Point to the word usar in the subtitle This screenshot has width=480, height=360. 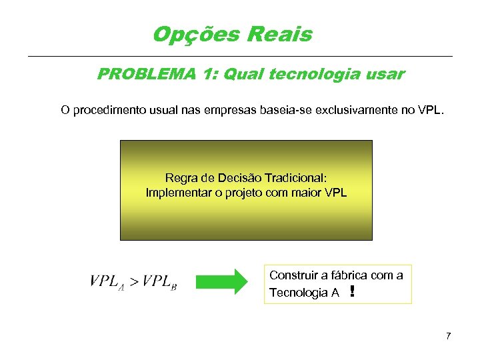click(x=385, y=74)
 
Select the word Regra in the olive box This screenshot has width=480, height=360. click(x=180, y=178)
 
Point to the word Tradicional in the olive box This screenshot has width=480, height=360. click(x=295, y=178)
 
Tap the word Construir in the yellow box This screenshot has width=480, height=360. click(x=292, y=275)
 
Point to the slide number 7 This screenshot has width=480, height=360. click(x=449, y=335)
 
